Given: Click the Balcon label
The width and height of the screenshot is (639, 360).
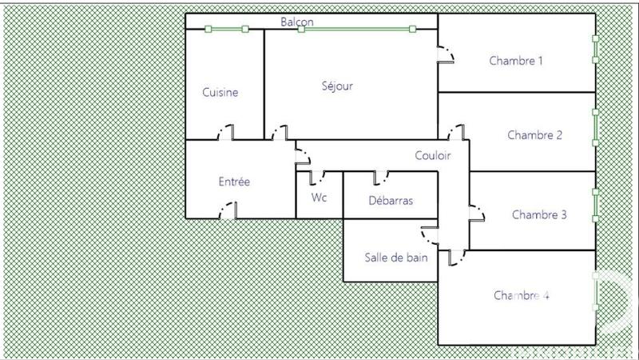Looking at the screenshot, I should tap(296, 22).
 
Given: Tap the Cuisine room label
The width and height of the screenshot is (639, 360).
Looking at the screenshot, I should tap(220, 93).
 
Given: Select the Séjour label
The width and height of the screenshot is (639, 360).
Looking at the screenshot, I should tap(337, 86).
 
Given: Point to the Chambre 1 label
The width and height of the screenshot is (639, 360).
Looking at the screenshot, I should tap(516, 61).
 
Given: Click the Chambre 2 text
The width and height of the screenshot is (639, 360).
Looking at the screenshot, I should tap(535, 135).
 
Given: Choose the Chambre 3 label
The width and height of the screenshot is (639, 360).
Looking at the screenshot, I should tap(539, 214).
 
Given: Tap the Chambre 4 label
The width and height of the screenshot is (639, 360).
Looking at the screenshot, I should tap(521, 295).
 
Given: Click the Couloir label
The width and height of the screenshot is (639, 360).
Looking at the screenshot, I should tap(433, 156).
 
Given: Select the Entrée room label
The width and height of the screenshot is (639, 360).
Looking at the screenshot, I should tap(234, 182).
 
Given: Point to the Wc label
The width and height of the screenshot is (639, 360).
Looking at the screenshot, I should tap(319, 198).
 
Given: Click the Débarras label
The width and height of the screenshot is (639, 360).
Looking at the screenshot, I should tap(391, 201).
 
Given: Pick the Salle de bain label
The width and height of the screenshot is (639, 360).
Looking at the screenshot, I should tap(396, 258).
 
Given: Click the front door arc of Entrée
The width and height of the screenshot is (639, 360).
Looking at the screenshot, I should tap(228, 211).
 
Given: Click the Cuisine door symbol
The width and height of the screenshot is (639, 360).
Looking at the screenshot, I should tap(227, 133).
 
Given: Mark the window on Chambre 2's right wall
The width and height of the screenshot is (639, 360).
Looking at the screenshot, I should tap(594, 127).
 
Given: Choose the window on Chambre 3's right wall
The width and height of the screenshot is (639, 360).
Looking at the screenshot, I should tap(594, 205).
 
